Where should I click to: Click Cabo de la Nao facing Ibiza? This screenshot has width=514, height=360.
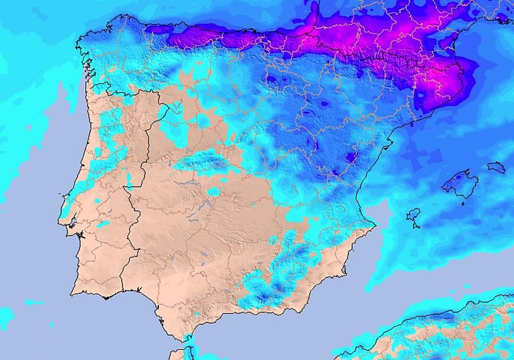click(x=374, y=224)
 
